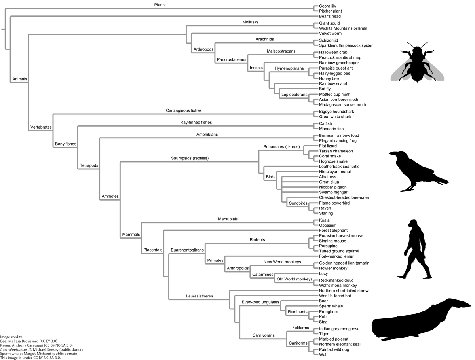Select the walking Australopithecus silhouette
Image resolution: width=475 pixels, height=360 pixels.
pos(414,249)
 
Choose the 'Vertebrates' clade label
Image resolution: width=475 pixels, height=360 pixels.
pos(41,127)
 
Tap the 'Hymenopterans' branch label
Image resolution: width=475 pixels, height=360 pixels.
pos(289,68)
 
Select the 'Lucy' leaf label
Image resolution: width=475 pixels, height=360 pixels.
pos(323,273)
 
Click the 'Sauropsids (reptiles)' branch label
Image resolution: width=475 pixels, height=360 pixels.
pos(190,158)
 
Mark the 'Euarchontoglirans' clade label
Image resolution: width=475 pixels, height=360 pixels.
pos(186,250)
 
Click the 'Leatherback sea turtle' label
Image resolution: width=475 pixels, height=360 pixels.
pos(339,167)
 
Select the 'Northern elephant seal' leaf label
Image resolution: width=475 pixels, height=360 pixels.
pos(340,345)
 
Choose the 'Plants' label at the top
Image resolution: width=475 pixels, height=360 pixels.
pos(160,5)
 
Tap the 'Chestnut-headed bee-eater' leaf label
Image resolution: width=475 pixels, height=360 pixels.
pos(344,197)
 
